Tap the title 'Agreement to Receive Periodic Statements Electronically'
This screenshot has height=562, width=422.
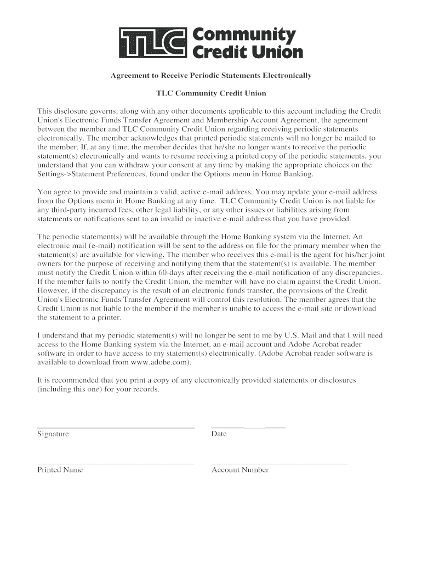tap(211, 75)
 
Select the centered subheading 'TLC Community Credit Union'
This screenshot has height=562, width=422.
tap(211, 93)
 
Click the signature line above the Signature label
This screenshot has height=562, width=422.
tap(116, 427)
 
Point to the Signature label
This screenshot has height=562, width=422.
tap(53, 434)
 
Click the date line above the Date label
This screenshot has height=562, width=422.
tap(248, 427)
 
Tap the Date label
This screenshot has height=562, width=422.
tap(219, 434)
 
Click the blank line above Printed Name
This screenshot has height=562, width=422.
tap(116, 463)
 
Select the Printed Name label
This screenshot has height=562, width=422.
tap(60, 470)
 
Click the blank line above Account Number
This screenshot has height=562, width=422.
tap(280, 463)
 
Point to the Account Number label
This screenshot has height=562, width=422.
tap(240, 470)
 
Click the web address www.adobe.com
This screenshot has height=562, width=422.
tap(161, 362)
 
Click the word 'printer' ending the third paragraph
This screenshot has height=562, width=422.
tap(109, 317)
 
